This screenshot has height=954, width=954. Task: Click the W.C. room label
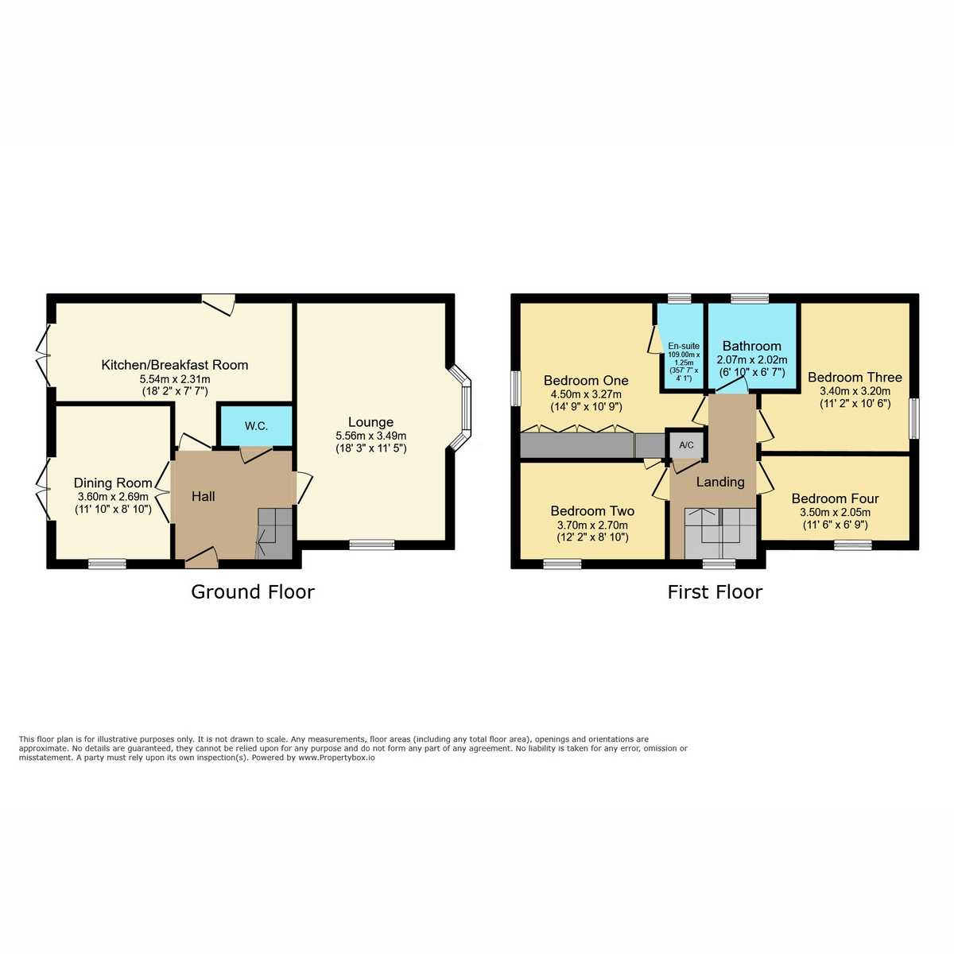[256, 426]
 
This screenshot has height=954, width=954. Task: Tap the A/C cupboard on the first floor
[686, 445]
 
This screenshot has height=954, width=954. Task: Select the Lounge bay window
[460, 408]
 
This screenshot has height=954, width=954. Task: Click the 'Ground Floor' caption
[253, 592]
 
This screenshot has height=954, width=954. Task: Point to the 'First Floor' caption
[715, 592]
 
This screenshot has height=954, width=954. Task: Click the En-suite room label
[684, 346]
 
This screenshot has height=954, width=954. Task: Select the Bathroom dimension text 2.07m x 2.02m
[751, 360]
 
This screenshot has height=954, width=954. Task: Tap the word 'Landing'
[720, 482]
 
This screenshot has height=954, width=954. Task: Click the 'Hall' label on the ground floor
[203, 496]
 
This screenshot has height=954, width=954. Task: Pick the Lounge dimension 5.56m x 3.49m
[370, 436]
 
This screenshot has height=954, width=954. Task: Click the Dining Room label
[113, 483]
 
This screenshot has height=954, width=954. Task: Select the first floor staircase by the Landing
[720, 533]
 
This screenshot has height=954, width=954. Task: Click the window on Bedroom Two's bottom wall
[562, 564]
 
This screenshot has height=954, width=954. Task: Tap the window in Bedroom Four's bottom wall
[853, 545]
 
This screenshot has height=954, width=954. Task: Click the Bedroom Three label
[855, 378]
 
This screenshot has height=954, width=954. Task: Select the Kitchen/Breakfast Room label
[175, 365]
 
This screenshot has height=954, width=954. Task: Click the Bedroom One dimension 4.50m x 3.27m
[586, 394]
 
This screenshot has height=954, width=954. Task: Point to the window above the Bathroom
[750, 298]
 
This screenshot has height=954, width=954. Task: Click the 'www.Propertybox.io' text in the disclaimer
[336, 758]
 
